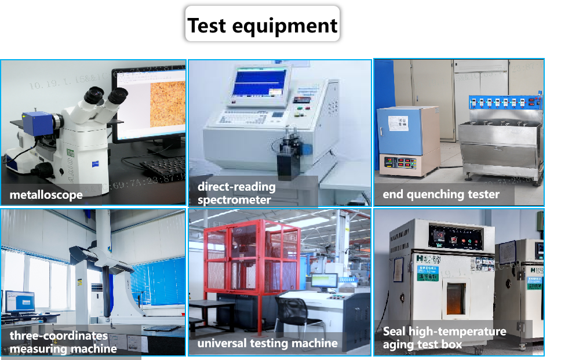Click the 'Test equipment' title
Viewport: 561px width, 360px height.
(x=262, y=25)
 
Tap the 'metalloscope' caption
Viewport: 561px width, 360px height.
(x=46, y=195)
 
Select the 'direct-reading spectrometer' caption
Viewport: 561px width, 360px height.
(x=236, y=193)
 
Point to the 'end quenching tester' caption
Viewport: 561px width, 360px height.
(x=440, y=194)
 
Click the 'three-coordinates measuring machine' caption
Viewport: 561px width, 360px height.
(x=63, y=342)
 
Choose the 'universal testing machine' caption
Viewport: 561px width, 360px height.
(x=267, y=343)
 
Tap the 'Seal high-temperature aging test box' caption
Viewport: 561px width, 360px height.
(x=444, y=337)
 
